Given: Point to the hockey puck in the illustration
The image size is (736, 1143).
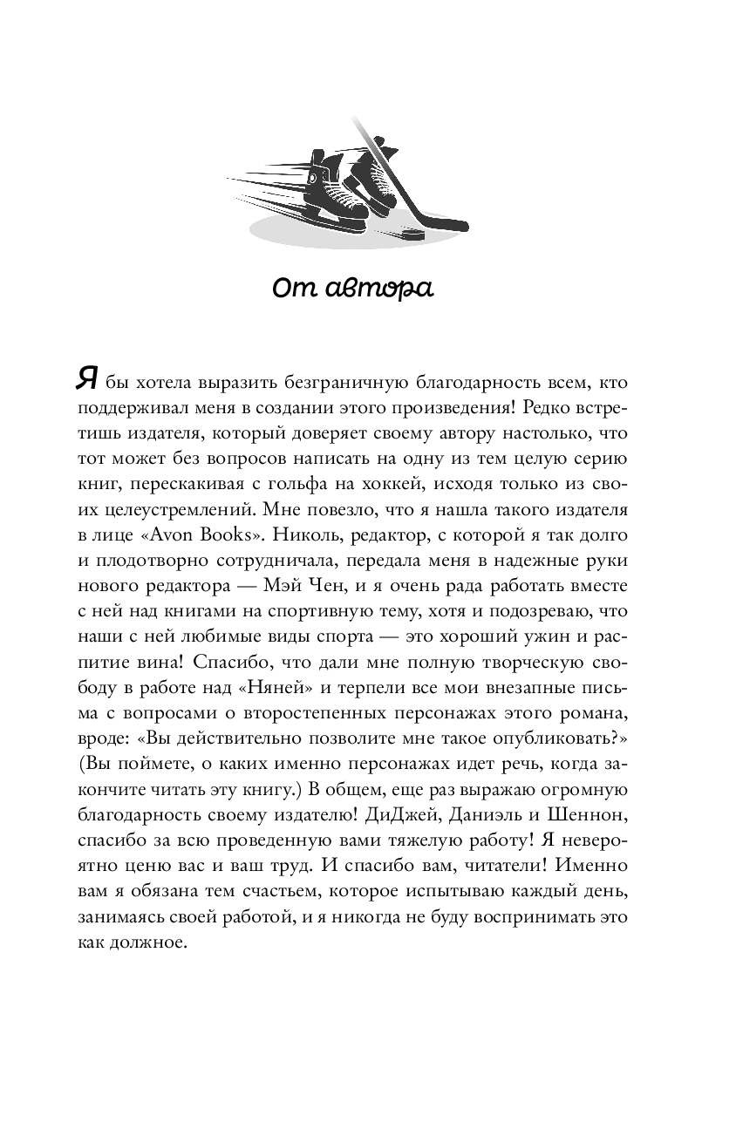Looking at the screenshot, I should [x=410, y=234].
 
